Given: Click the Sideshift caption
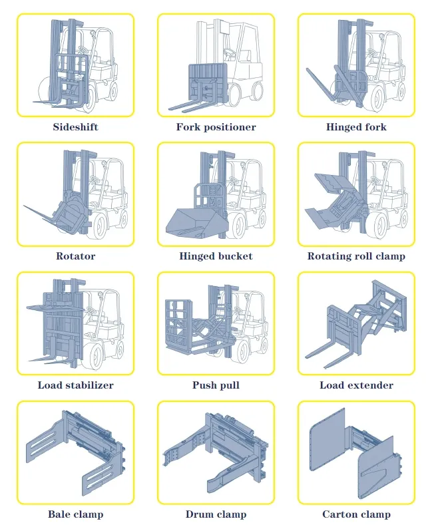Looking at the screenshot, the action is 75,127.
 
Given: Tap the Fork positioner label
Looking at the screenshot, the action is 216,127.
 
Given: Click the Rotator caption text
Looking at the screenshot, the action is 75,256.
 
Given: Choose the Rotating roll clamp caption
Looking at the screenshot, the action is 356,256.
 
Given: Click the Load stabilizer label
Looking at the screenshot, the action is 76,385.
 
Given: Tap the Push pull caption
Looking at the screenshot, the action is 216,385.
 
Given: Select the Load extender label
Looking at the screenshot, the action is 356,385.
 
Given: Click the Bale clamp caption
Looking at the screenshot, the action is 76,514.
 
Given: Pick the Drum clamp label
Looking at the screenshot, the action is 216,514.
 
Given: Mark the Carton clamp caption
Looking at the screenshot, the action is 356,514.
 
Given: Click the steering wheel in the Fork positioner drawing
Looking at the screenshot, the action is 230,53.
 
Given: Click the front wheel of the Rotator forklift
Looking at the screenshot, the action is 101,226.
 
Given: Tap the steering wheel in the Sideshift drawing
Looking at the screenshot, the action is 83,51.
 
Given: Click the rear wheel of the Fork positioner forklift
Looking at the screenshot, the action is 258,92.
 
